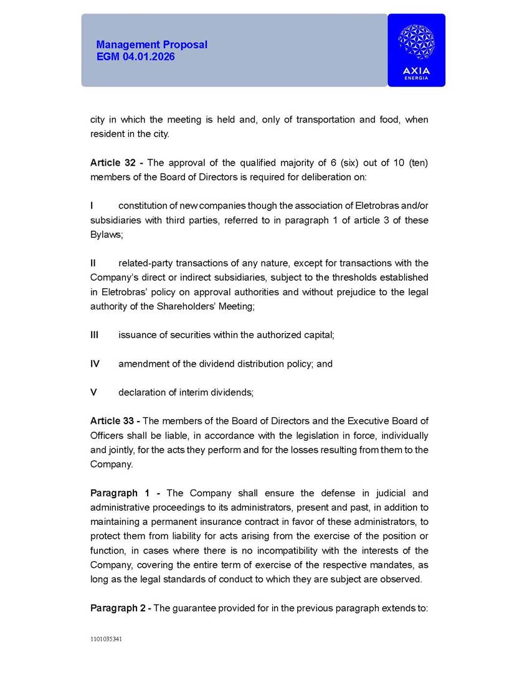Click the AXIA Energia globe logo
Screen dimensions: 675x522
click(x=415, y=43)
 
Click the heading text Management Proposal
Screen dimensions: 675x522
click(x=151, y=45)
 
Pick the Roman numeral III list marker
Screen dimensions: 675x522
click(x=94, y=335)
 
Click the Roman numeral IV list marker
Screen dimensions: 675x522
click(x=95, y=364)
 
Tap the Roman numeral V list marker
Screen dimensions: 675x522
click(x=93, y=392)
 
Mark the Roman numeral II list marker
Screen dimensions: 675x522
click(x=93, y=263)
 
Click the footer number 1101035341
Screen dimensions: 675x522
click(x=106, y=639)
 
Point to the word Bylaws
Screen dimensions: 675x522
click(x=104, y=235)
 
